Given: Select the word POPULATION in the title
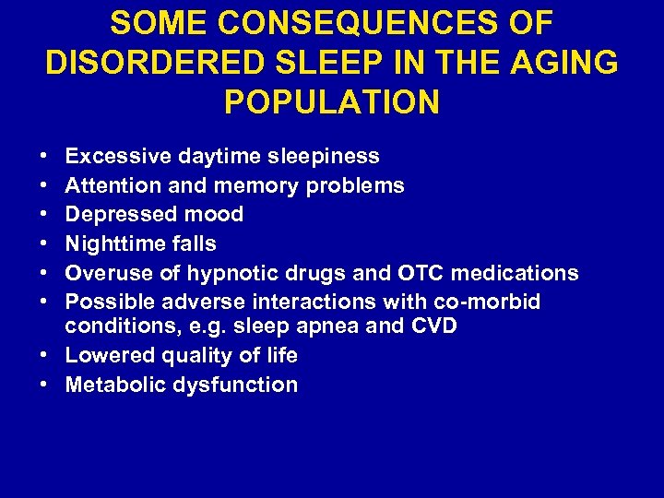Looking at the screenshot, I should click(x=332, y=101).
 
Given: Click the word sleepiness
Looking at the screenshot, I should click(x=322, y=156).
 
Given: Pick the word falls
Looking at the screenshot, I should click(x=194, y=244).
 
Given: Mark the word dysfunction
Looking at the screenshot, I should click(x=234, y=385).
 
